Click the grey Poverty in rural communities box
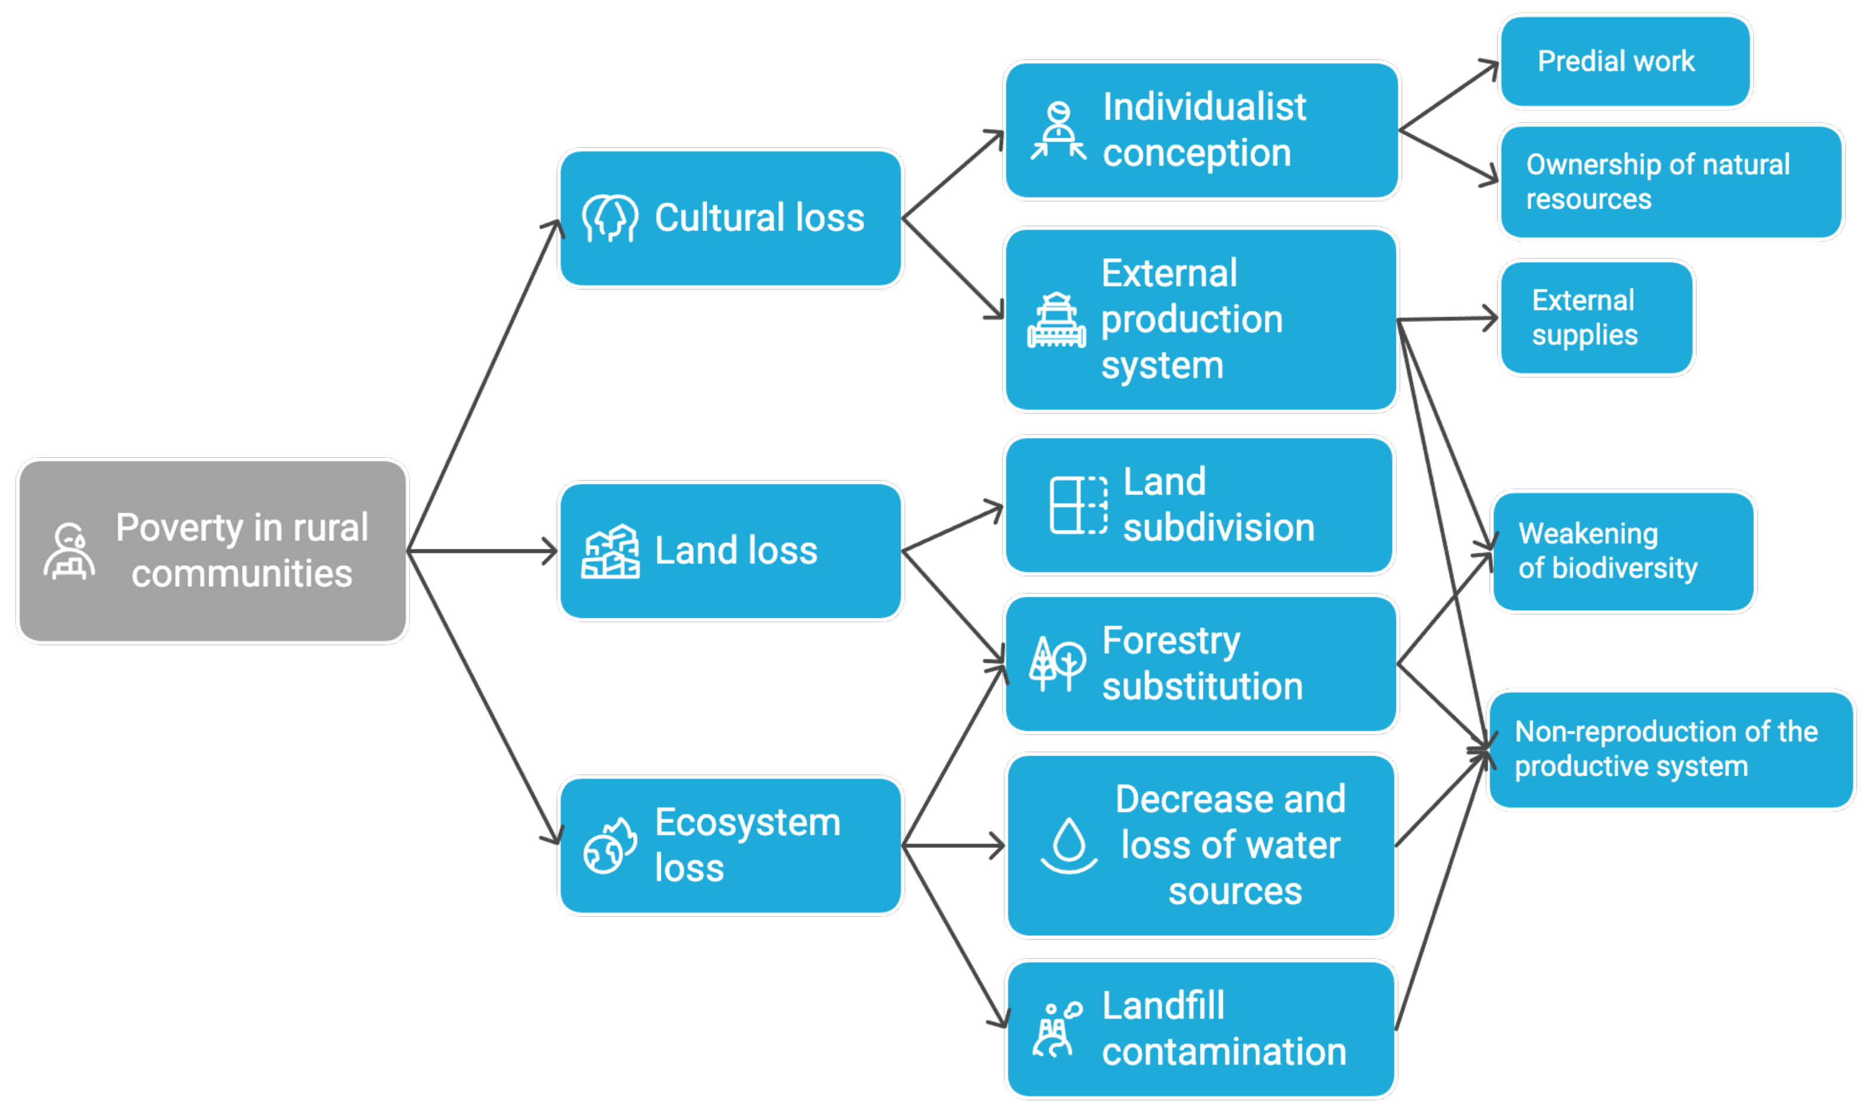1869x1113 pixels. [212, 551]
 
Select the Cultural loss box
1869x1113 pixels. [731, 218]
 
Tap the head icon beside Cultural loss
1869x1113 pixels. [610, 218]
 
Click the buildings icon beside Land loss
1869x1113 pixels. [610, 551]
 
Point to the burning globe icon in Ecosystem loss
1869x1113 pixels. [610, 846]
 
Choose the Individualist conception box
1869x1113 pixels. [1201, 131]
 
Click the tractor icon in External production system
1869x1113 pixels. [1056, 320]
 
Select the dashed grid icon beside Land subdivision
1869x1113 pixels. [1078, 505]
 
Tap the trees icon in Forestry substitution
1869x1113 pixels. [1057, 663]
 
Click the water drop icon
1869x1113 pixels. [1069, 845]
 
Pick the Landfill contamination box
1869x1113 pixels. [1201, 1029]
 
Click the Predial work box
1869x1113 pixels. [1625, 61]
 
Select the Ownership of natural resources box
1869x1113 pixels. [1671, 181]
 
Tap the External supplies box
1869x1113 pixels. [1596, 317]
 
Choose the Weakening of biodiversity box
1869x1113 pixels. [1623, 551]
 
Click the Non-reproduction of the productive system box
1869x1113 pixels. [1671, 749]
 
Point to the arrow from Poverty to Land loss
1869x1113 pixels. [484, 551]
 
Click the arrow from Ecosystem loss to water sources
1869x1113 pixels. [954, 846]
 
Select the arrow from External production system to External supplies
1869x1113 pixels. [1447, 319]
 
